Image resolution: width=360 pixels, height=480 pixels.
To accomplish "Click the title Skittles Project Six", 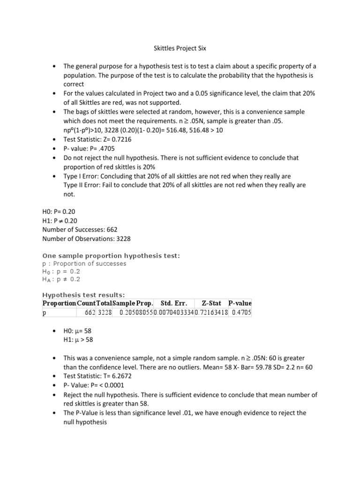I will (180, 48).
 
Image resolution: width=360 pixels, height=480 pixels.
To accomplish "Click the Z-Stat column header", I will (211, 303).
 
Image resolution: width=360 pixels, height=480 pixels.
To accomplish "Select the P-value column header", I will (240, 303).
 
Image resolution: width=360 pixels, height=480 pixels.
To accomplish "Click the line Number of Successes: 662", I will (80, 230).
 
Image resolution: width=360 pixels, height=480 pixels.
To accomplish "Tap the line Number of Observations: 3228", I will (86, 239).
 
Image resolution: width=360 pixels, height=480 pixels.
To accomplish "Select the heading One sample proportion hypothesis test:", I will (111, 255).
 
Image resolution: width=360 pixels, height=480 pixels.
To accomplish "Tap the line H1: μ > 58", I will (81, 340).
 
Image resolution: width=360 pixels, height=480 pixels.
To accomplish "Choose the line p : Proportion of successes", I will (84, 263).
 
